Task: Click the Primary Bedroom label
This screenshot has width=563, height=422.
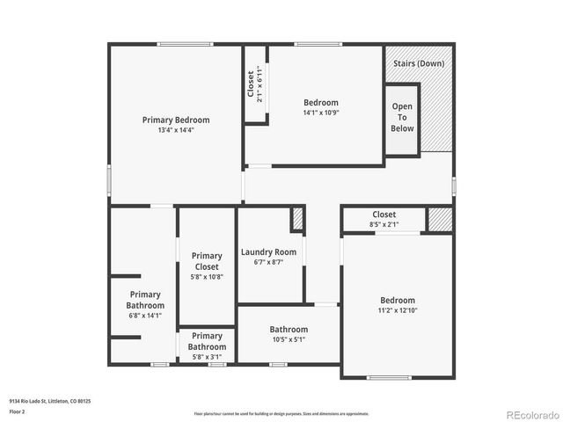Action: (176, 120)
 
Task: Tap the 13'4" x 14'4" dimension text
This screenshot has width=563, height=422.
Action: (176, 130)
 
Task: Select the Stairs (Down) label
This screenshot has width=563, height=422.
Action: (419, 63)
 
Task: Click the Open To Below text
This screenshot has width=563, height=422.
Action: (402, 117)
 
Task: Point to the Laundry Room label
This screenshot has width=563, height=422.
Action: (268, 252)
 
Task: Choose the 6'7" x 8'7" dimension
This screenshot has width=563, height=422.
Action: (268, 262)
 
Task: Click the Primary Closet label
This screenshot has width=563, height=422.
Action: (207, 261)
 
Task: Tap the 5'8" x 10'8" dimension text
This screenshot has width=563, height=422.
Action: (207, 277)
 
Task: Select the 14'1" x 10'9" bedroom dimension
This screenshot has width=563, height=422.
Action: (320, 113)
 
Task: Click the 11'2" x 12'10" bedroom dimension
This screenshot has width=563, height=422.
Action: (398, 310)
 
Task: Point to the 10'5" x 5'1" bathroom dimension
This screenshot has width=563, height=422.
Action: (288, 339)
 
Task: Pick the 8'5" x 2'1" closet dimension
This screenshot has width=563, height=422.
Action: (384, 224)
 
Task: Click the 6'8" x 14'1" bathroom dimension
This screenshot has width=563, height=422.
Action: (145, 316)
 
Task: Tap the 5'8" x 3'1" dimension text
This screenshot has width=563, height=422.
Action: (207, 357)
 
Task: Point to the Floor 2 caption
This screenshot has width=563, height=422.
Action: (17, 411)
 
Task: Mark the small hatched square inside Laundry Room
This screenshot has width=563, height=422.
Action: (297, 218)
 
